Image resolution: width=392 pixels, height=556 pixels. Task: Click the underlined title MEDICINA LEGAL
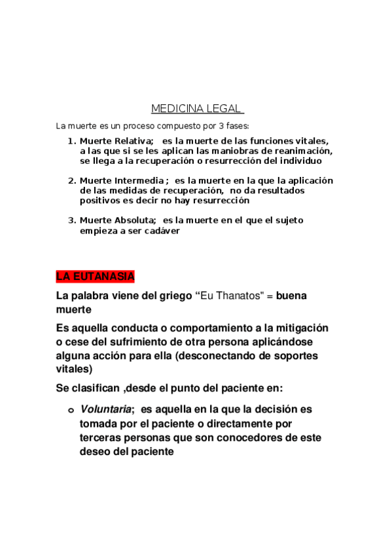tap(197, 108)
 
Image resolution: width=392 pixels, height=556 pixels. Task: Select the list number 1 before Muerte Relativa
tap(71, 141)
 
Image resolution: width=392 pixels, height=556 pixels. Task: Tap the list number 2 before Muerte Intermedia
tap(71, 180)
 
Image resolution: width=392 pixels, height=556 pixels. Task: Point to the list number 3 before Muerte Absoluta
tap(71, 220)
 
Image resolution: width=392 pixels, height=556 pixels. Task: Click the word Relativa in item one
tap(134, 141)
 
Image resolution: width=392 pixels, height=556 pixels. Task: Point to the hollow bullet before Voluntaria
tap(71, 410)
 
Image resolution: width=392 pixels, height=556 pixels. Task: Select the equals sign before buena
tap(269, 296)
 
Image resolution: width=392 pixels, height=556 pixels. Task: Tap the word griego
tap(174, 296)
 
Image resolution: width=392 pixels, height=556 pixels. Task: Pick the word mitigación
tap(298, 327)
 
